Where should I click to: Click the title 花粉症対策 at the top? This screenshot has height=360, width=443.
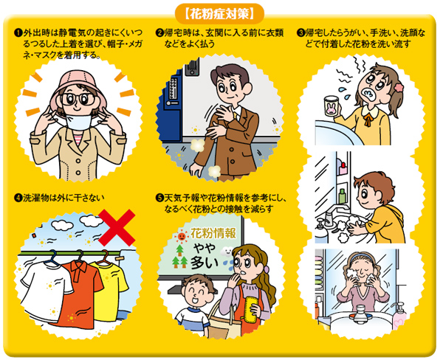pos(219,14)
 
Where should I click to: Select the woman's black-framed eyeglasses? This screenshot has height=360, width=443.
pos(78,99)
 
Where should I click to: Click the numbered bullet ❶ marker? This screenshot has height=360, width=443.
pos(18,32)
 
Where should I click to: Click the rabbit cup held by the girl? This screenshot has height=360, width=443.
pos(332,107)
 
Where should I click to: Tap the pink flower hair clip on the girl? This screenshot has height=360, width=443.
pos(399,86)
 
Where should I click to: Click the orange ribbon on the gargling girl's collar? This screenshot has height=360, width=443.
pos(368,119)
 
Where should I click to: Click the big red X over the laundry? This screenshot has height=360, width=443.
pos(117,227)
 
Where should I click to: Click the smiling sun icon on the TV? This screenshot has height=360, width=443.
pos(181,237)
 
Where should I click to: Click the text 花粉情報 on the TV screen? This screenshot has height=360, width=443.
pos(213,234)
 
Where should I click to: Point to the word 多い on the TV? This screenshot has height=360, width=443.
pos(204,263)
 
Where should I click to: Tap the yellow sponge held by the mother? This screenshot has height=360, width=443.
pos(250,308)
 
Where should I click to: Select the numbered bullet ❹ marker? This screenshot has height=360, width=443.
pos(18,198)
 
